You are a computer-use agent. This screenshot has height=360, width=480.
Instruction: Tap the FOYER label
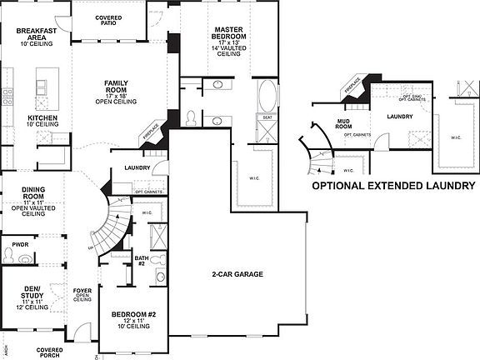82,292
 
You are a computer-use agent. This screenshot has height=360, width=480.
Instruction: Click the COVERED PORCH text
49,352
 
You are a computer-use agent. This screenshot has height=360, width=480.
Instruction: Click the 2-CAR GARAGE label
237,272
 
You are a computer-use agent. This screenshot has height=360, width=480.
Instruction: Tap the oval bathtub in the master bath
269,97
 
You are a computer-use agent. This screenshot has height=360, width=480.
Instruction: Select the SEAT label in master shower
267,118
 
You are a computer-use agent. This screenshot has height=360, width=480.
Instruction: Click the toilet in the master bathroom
191,116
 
